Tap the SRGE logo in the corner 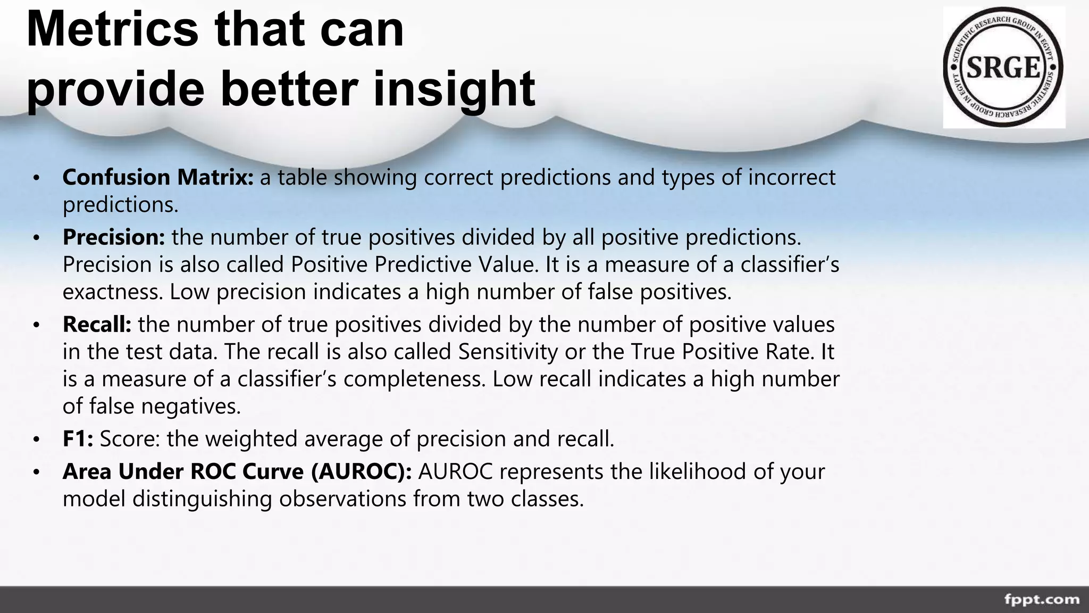1003,68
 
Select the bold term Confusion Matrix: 158,177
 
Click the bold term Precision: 114,237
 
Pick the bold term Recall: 97,325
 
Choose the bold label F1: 78,439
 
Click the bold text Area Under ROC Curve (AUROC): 237,471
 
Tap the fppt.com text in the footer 1041,599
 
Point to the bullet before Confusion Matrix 36,178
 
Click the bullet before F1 36,440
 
